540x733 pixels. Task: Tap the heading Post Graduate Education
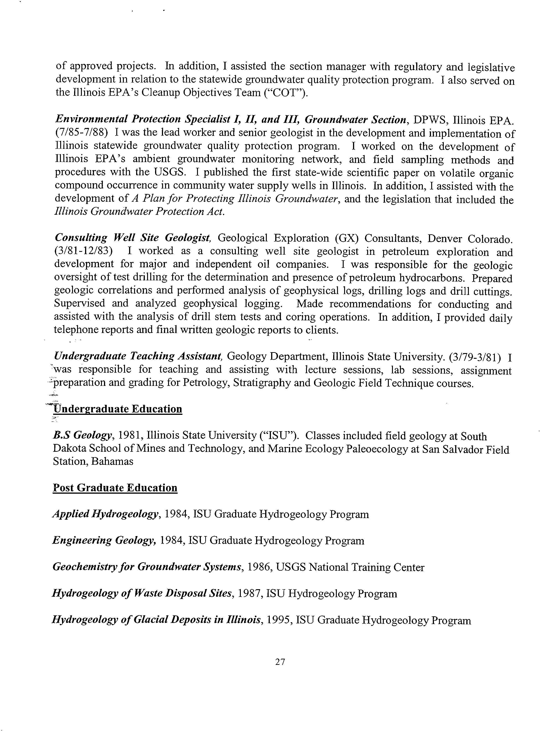[x=115, y=488]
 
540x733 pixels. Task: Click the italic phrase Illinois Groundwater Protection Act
[x=139, y=212]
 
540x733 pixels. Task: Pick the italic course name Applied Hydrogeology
[x=106, y=514]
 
